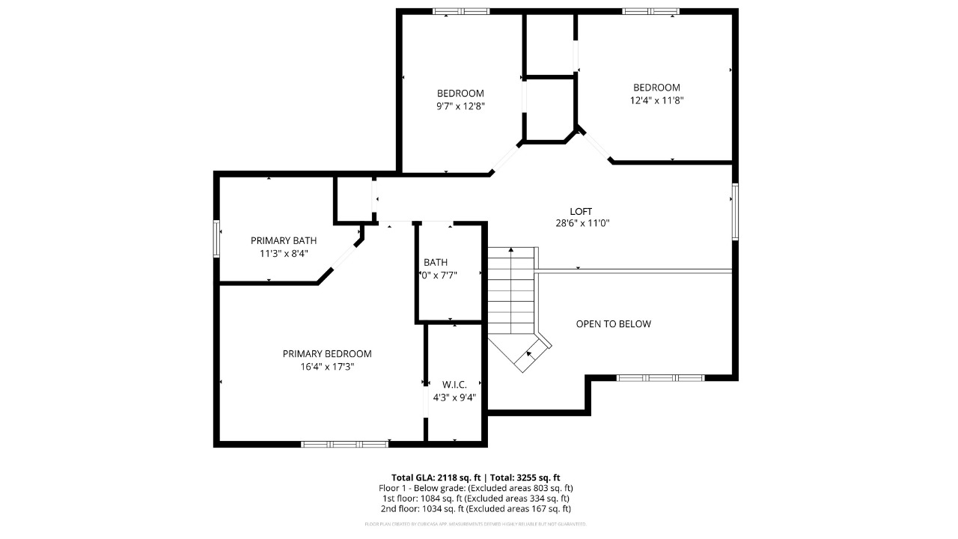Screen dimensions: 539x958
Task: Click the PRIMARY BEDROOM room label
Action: coord(327,354)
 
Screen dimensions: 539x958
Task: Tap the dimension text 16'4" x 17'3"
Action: coord(327,367)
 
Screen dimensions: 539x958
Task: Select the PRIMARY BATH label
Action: coord(284,240)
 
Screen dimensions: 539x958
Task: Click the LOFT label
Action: coord(582,211)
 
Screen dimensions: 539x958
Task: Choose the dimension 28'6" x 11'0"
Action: coord(582,223)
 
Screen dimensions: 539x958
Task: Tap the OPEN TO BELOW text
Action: coord(613,324)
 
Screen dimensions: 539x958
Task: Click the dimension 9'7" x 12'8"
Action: coord(460,106)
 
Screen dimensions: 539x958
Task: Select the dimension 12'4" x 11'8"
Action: coord(656,100)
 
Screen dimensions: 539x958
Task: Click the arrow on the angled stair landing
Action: coord(531,353)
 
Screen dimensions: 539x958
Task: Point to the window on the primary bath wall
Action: coord(217,239)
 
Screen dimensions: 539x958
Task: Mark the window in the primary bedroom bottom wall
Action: coord(344,444)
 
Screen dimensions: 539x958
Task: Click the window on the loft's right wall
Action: coord(735,212)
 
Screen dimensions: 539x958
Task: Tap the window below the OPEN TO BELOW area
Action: coord(660,378)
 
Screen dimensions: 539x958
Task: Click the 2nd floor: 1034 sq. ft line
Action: coord(475,509)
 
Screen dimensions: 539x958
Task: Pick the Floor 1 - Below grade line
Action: coord(475,488)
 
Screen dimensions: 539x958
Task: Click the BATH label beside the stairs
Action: coord(436,262)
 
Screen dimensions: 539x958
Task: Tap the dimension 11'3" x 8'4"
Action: coord(284,254)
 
